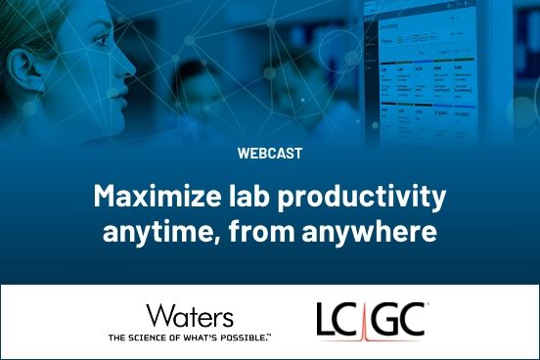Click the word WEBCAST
pyautogui.click(x=269, y=153)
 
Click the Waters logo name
pyautogui.click(x=190, y=316)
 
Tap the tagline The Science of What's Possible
pyautogui.click(x=190, y=337)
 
